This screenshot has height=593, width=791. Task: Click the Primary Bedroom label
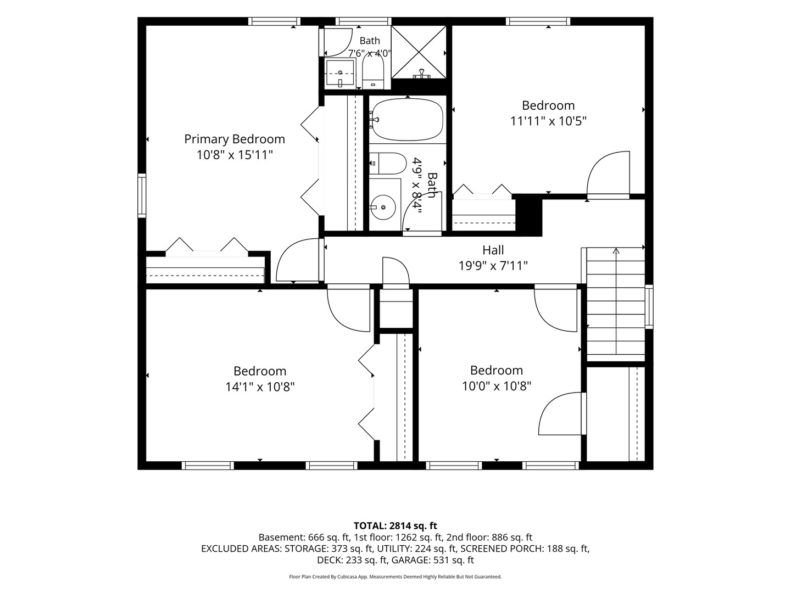pyautogui.click(x=235, y=139)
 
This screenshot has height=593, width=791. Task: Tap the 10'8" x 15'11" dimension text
pyautogui.click(x=235, y=155)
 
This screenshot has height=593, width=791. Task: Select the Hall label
pyautogui.click(x=493, y=250)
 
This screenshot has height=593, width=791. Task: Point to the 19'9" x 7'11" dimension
pyautogui.click(x=493, y=266)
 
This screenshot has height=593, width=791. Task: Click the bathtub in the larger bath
pyautogui.click(x=408, y=120)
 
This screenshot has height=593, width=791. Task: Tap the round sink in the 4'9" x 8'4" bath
pyautogui.click(x=383, y=208)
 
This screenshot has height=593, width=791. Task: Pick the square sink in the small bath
pyautogui.click(x=339, y=74)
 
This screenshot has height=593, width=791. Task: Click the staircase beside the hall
pyautogui.click(x=616, y=304)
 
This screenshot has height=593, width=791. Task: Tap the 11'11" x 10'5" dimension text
pyautogui.click(x=548, y=121)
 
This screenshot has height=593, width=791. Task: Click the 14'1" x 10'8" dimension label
pyautogui.click(x=260, y=387)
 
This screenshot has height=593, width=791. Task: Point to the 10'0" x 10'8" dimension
pyautogui.click(x=497, y=387)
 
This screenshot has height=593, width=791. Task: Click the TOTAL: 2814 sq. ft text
pyautogui.click(x=396, y=525)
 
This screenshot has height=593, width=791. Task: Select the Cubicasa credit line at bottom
pyautogui.click(x=396, y=577)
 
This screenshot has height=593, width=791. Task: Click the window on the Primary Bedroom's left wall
pyautogui.click(x=142, y=195)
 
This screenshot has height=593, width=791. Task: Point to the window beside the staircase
pyautogui.click(x=649, y=306)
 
